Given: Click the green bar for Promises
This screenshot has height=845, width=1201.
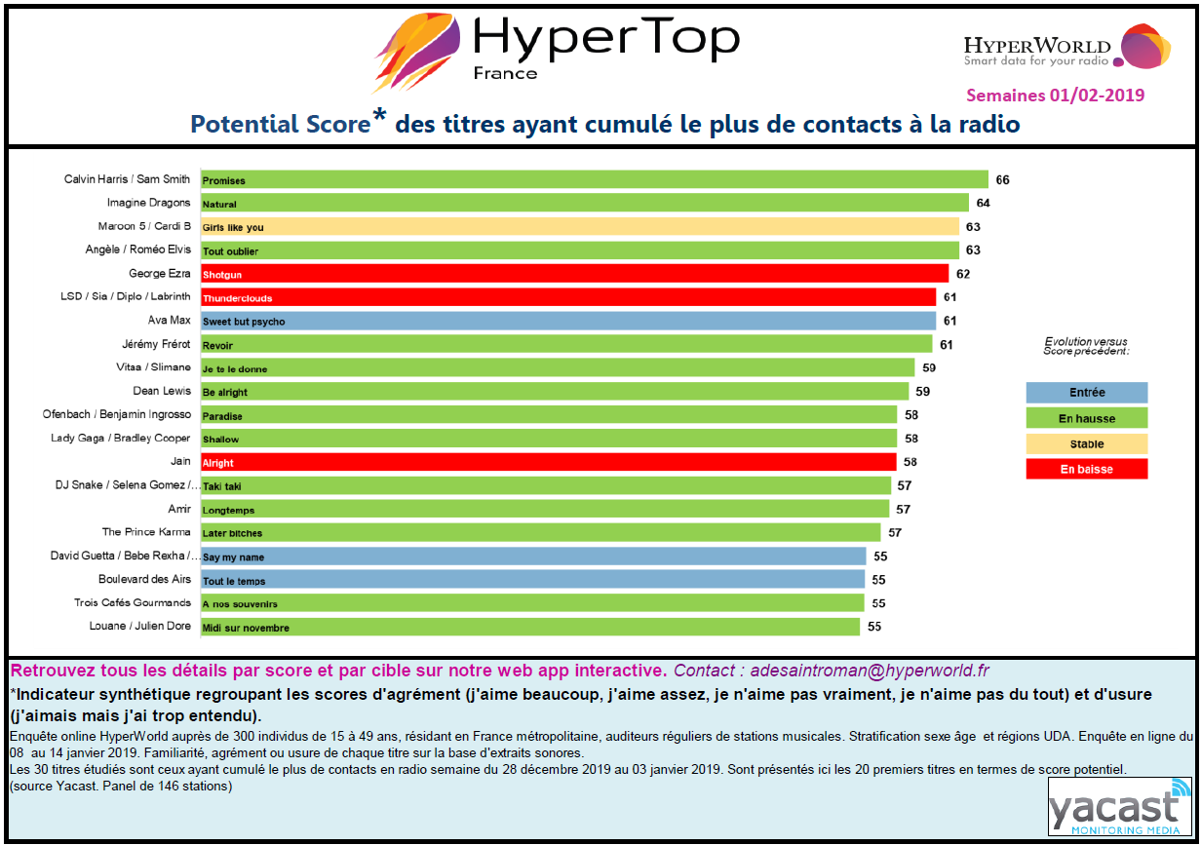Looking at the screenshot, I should pyautogui.click(x=594, y=180).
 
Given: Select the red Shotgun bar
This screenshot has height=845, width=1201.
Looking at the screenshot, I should pyautogui.click(x=574, y=274).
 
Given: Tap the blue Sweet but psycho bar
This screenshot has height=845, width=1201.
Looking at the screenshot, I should pyautogui.click(x=567, y=321).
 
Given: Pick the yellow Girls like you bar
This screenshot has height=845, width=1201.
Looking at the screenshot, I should pyautogui.click(x=579, y=227).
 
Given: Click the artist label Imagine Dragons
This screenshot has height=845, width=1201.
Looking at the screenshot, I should pyautogui.click(x=148, y=203).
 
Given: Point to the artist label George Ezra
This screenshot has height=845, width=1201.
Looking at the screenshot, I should pyautogui.click(x=160, y=274).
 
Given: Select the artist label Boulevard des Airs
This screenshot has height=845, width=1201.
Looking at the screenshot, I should pyautogui.click(x=144, y=579).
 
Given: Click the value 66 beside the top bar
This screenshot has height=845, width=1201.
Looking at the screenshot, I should pyautogui.click(x=1002, y=180).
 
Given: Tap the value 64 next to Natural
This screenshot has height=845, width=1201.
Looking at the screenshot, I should pyautogui.click(x=983, y=204).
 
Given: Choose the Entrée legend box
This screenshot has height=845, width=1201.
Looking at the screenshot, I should pyautogui.click(x=1086, y=393).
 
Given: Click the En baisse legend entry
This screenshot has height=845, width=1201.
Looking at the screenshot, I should pyautogui.click(x=1086, y=469).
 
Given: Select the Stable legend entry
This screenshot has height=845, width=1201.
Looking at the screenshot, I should pyautogui.click(x=1086, y=443).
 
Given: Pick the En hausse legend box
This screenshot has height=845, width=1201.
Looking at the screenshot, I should pyautogui.click(x=1086, y=418).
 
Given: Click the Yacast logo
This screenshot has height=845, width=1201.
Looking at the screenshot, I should pyautogui.click(x=1119, y=808).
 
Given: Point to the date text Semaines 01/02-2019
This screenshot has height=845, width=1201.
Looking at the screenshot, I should pyautogui.click(x=1055, y=96).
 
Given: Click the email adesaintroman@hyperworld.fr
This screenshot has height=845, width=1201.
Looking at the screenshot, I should pyautogui.click(x=870, y=672).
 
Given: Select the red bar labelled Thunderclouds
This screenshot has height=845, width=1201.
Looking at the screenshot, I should pyautogui.click(x=568, y=297).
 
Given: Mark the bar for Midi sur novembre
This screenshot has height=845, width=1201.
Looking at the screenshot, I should pyautogui.click(x=529, y=627).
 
